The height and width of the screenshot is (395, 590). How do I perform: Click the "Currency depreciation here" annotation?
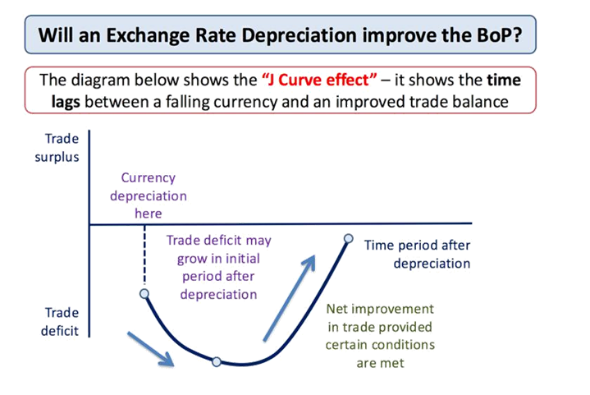149,195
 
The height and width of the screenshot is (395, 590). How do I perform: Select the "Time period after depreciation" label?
418,254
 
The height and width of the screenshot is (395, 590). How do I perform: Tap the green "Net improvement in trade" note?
380,335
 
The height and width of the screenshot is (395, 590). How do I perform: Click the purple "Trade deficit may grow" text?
218,267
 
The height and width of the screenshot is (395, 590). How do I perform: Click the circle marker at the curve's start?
144,293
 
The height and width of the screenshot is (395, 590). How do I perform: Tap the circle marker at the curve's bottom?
217,361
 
